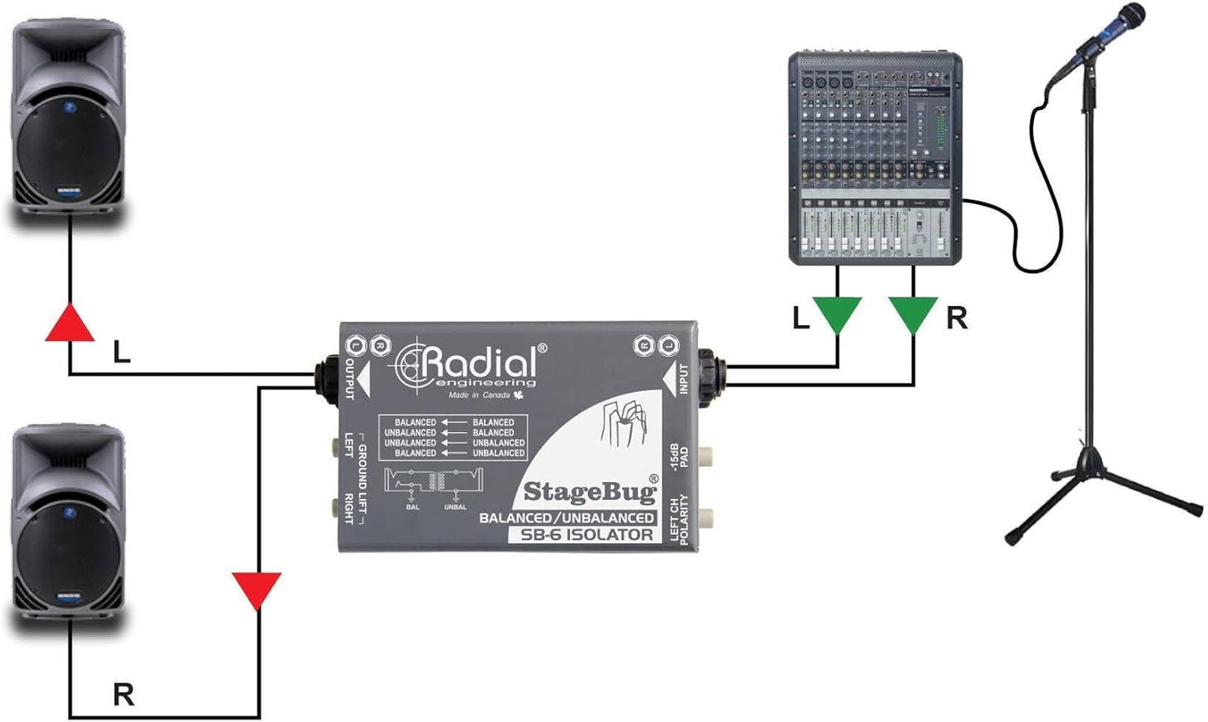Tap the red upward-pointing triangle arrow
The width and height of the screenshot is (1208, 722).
[69, 323]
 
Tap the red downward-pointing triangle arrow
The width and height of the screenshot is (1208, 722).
[257, 589]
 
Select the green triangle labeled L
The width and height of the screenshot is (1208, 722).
[838, 314]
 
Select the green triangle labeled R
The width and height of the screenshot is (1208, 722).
[913, 314]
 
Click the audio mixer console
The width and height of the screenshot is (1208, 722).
[876, 159]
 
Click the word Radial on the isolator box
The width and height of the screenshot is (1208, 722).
[481, 364]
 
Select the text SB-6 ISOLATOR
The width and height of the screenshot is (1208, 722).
[586, 534]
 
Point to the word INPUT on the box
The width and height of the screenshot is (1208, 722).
[683, 379]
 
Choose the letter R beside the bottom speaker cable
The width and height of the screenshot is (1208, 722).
[123, 694]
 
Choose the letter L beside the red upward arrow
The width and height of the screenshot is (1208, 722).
[122, 353]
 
